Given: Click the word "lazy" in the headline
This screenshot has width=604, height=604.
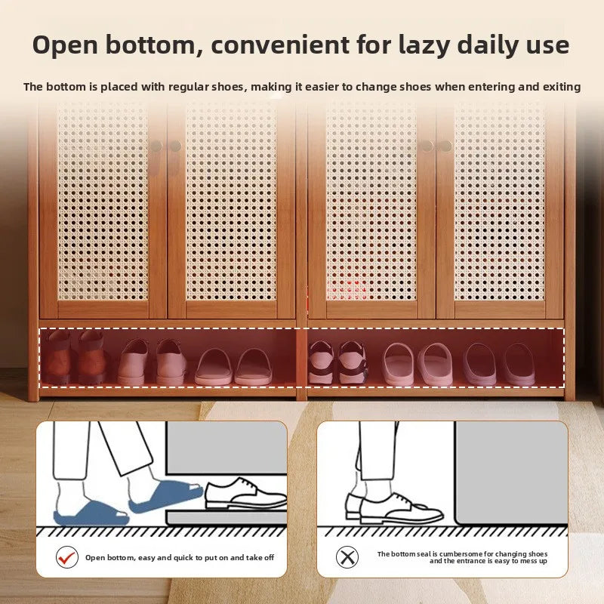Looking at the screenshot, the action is [424, 46].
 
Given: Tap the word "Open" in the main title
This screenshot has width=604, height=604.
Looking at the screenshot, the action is [65, 46].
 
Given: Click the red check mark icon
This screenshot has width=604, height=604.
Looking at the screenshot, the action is [66, 557].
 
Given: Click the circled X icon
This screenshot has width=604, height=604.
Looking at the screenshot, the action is [347, 557].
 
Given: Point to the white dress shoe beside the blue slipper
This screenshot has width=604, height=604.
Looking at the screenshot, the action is [246, 494].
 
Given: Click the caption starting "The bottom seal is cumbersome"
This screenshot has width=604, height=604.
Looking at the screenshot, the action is [462, 557].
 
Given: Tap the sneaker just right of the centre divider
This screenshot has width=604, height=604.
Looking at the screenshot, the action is [319, 362].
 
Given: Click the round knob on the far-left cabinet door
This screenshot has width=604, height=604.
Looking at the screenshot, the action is [156, 146].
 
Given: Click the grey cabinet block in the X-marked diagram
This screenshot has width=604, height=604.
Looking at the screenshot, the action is [511, 473].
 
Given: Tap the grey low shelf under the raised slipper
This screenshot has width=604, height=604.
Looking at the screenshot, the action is [226, 517].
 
